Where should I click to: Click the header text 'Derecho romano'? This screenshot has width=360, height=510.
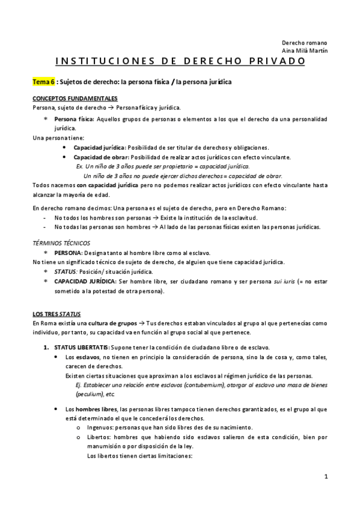click(x=305, y=43)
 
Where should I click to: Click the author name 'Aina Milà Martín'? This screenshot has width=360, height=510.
click(x=305, y=51)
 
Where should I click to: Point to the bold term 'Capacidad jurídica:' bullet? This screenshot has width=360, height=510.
click(x=100, y=148)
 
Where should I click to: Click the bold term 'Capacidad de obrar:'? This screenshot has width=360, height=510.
click(x=100, y=157)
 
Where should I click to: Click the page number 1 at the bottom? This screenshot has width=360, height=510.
click(x=325, y=477)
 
